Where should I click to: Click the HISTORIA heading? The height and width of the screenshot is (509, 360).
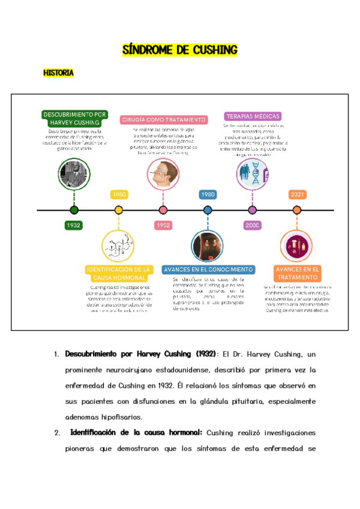58,73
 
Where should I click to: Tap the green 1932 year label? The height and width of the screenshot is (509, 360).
74,225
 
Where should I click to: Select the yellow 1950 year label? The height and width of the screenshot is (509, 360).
119,194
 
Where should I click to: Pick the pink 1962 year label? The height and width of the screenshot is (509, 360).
163,225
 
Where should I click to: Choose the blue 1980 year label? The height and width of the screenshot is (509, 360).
208,194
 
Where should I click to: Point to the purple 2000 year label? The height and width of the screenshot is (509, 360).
252,225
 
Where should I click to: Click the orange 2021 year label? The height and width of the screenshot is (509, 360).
296,194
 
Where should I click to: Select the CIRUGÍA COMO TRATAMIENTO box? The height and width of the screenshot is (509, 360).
164,119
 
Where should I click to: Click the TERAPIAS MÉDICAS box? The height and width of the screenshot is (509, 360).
252,116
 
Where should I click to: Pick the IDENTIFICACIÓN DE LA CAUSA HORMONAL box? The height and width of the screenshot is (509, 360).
118,274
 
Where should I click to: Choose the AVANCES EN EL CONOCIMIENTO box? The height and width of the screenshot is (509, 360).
208,270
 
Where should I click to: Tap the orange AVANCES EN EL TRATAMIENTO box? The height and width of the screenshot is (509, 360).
297,274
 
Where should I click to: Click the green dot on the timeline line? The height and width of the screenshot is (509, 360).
74,210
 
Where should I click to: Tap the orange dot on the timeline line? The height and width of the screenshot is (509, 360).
296,210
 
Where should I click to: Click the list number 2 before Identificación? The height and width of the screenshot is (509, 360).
56,432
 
